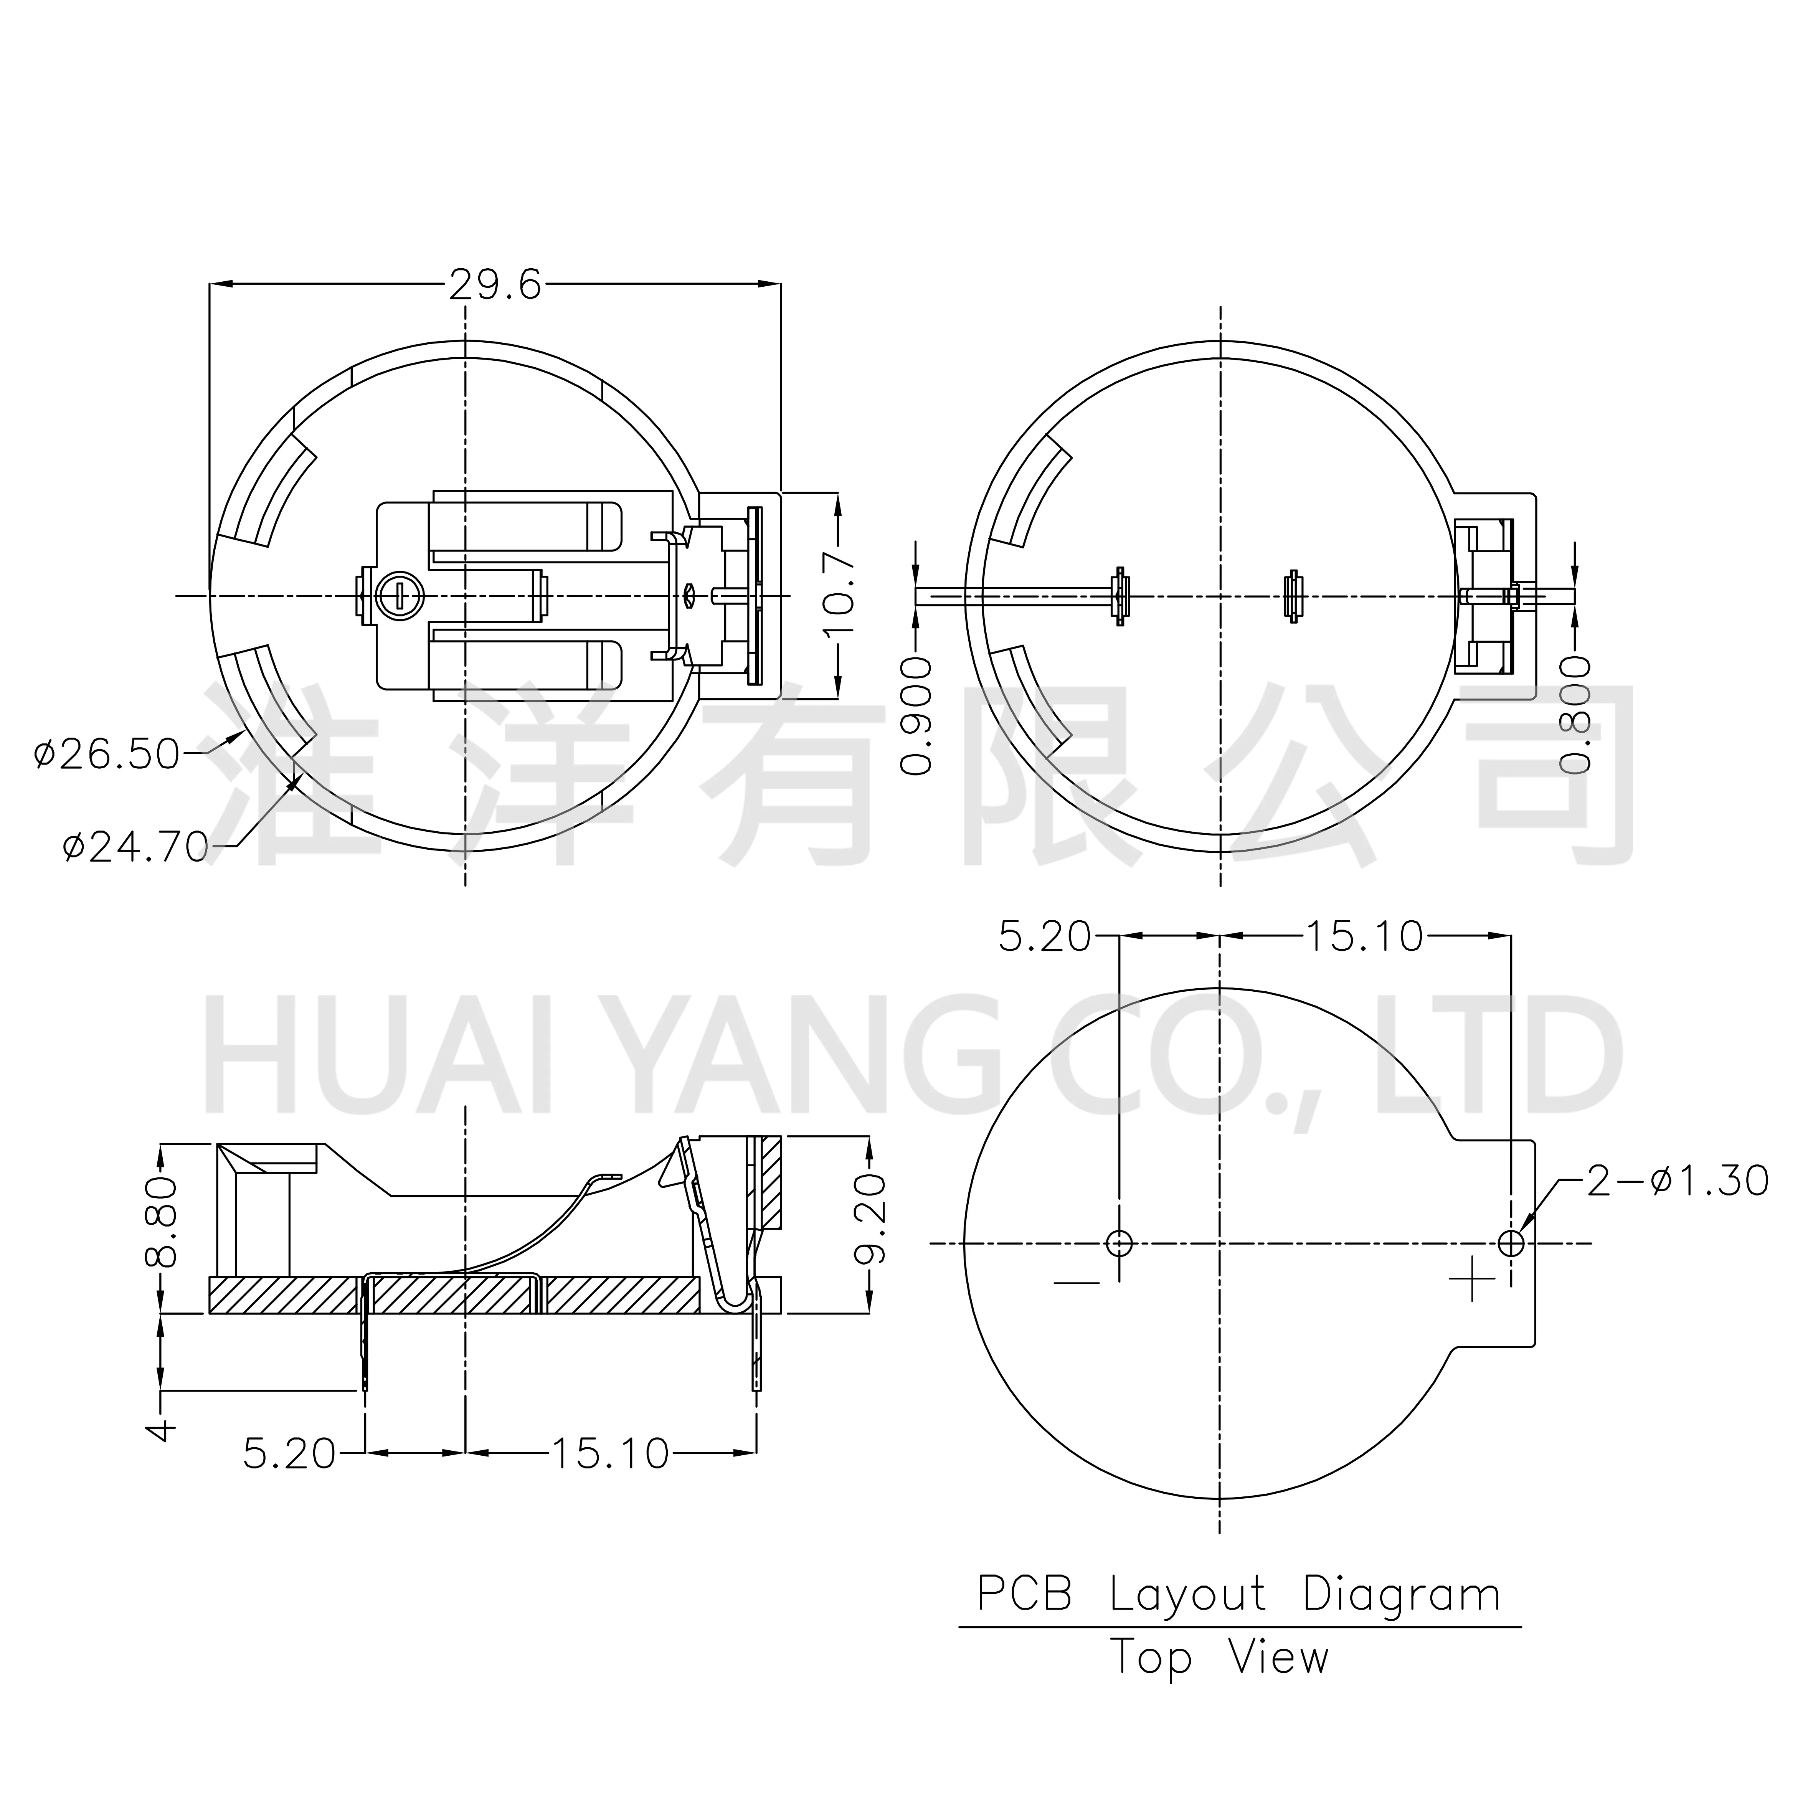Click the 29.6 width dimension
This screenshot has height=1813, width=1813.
(495, 284)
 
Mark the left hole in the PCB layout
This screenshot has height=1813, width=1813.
(1120, 1243)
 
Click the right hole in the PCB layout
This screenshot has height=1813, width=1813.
(1511, 1243)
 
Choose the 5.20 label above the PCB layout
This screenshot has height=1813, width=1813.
(1044, 936)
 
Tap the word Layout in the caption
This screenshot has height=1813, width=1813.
(1187, 1594)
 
